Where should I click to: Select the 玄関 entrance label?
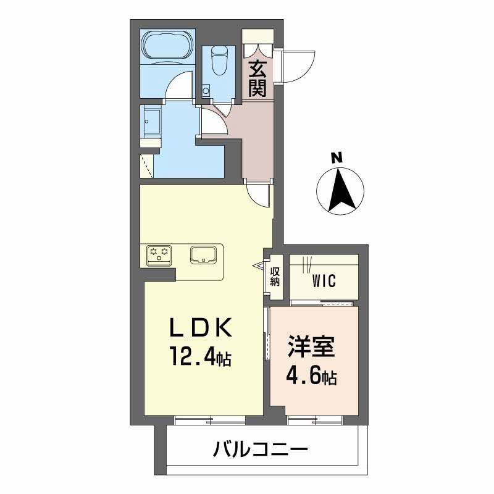pos(257,79)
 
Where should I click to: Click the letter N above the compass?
pos(337,157)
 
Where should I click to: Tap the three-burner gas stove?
pos(159,253)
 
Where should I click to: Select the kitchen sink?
pos(203,254)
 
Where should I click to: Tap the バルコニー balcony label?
pos(261,448)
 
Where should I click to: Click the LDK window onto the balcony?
pos(210,421)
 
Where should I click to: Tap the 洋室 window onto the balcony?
pos(315,421)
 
